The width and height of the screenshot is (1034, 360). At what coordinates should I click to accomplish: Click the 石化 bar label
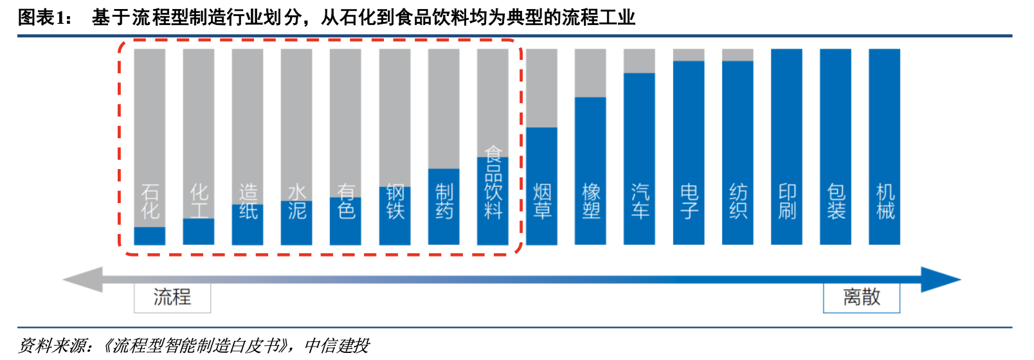[x=150, y=201]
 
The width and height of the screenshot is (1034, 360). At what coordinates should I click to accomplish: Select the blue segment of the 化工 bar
[x=199, y=232]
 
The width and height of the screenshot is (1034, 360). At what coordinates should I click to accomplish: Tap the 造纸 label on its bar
[x=248, y=201]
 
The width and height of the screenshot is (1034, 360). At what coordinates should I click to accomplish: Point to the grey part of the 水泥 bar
[x=296, y=116]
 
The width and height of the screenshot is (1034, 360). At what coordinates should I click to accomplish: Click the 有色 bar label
[x=345, y=201]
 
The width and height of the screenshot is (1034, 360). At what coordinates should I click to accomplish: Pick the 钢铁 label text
[x=395, y=201]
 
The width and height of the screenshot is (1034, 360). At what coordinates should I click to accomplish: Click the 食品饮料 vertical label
[x=493, y=183]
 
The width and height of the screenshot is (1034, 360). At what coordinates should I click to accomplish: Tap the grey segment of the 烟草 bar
[x=541, y=87]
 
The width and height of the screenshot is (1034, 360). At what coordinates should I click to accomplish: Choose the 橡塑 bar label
[x=590, y=201]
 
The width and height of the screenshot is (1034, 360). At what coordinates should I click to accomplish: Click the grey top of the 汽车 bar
[x=639, y=60]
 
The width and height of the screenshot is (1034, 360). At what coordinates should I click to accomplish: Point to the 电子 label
[x=689, y=201]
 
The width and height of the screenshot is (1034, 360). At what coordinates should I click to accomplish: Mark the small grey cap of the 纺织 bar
[x=738, y=55]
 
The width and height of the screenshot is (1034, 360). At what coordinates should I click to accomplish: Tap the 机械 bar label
[x=885, y=201]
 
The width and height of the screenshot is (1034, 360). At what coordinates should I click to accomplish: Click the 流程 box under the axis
[x=172, y=298]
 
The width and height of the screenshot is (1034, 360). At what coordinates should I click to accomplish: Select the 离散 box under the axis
[x=862, y=298]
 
